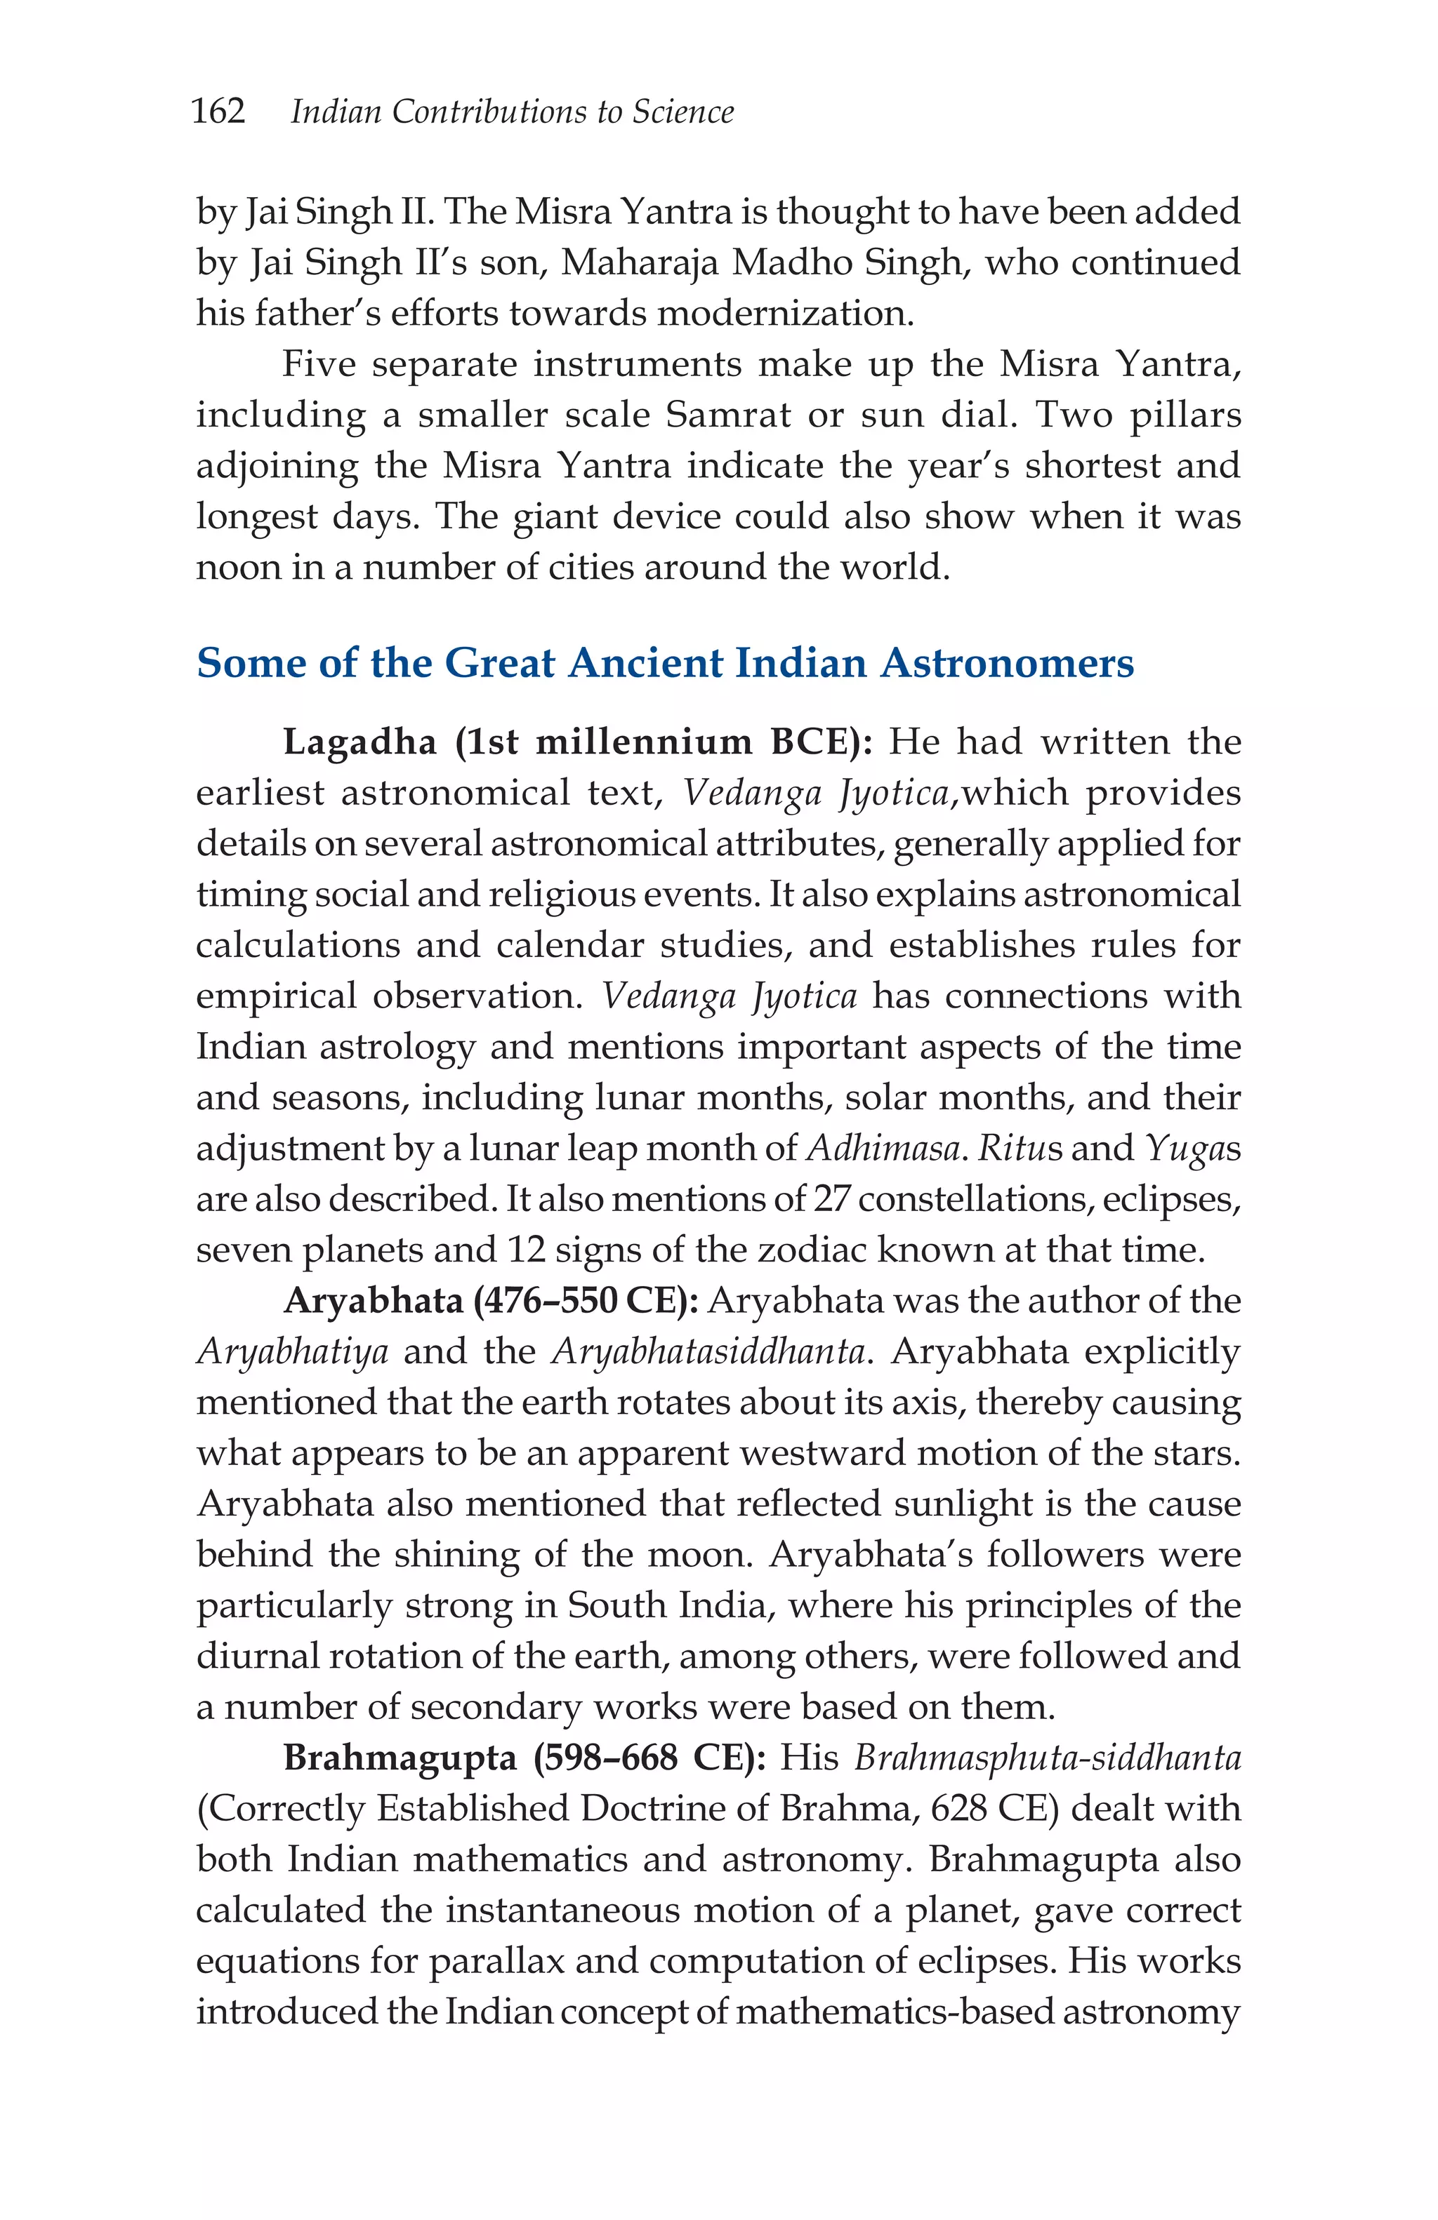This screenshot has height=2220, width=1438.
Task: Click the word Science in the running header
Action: pos(683,112)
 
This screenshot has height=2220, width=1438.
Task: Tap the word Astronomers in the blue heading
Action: pos(1007,662)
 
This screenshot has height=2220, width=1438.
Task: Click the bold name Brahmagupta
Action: pos(400,1758)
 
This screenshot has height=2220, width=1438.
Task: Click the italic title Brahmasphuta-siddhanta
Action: pos(1047,1758)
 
